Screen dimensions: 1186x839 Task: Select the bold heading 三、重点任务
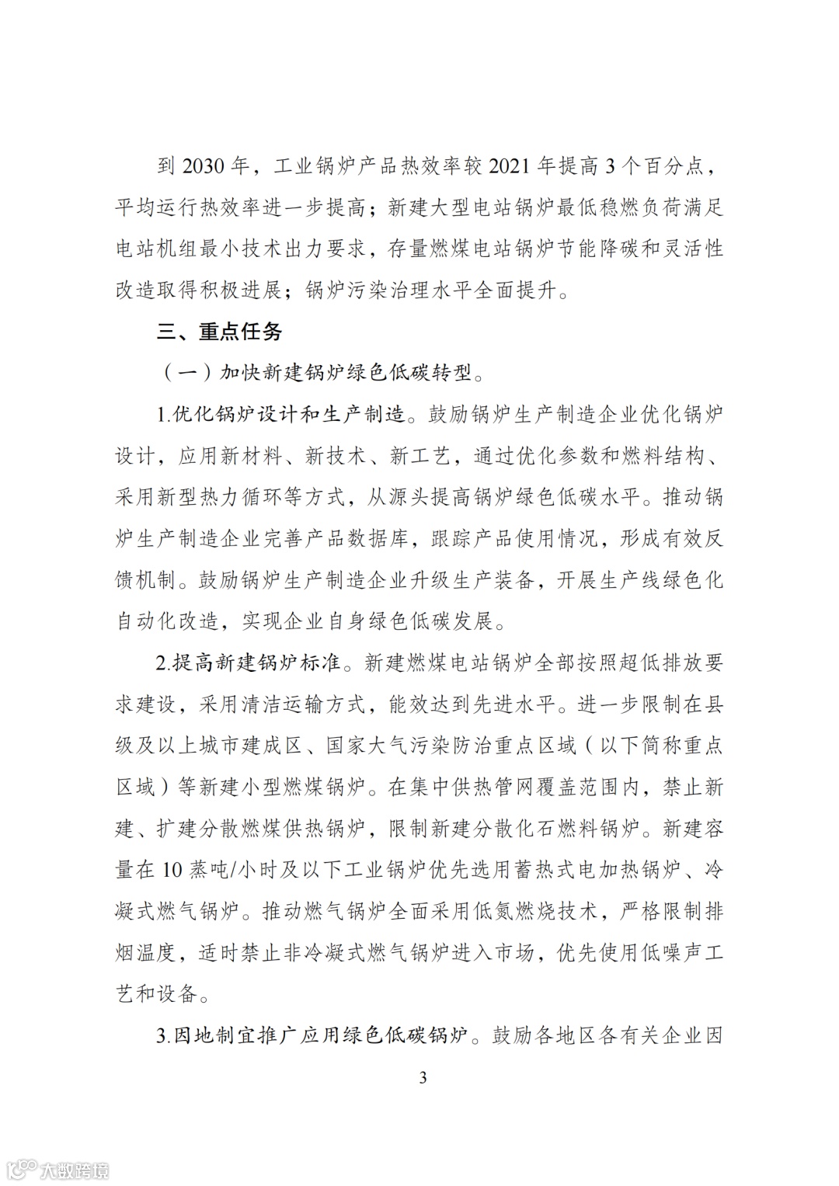click(x=219, y=332)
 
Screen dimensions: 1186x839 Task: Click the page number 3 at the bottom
click(x=423, y=1077)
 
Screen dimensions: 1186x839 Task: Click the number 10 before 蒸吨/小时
click(x=172, y=869)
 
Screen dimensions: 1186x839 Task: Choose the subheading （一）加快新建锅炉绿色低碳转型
click(x=322, y=373)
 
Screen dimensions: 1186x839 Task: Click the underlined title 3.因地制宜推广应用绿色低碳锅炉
click(x=312, y=1035)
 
